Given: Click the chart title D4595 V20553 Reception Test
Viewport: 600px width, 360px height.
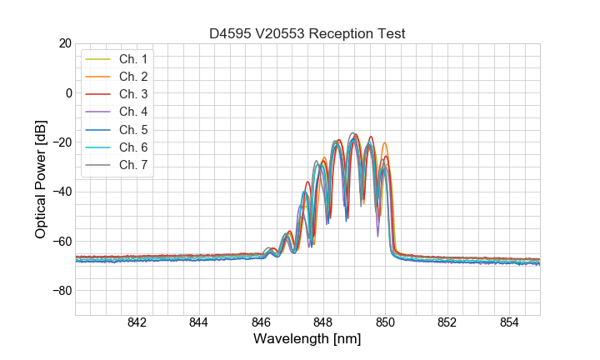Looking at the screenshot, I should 307,33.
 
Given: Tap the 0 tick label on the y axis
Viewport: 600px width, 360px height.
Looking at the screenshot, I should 68,92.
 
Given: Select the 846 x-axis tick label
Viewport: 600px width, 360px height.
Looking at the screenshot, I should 261,323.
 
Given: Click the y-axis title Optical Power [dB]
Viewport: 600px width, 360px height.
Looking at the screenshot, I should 41,179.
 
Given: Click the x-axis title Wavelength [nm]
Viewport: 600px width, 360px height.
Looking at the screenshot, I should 307,340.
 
